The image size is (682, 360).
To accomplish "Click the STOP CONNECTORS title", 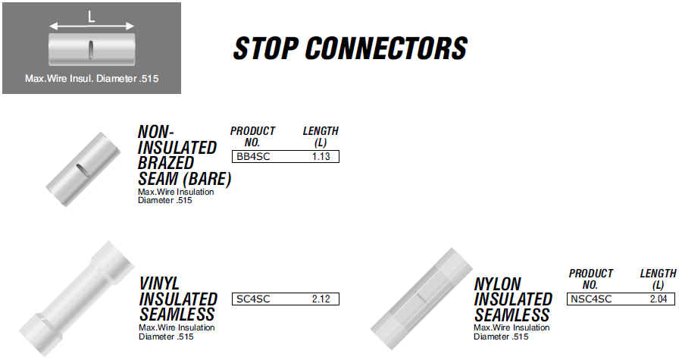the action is point(350,48).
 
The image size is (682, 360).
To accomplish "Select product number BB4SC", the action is point(253,157).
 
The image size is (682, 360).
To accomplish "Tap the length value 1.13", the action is point(321,157).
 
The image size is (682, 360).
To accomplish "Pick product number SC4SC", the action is point(253,299).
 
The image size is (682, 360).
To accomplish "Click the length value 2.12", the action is point(321,299).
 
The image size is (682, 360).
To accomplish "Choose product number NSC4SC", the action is point(591,299).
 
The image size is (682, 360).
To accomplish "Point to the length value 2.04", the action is point(659,299).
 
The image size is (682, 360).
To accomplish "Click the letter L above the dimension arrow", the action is point(92,17).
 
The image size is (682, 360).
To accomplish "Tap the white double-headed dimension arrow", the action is point(92,27).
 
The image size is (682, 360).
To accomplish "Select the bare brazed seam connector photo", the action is point(83,169).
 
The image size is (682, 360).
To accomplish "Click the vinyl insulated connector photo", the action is point(77,299).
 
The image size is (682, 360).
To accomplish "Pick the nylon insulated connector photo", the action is point(421,299).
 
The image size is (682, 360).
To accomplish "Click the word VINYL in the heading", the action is point(159,283).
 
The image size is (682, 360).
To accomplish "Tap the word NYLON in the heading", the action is point(497,284).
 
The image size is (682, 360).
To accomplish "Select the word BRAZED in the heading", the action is point(166,163).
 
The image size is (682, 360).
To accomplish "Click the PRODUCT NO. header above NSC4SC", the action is point(590,279).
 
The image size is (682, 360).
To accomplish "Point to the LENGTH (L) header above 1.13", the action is point(321,136).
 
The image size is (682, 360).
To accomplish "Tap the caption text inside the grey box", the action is point(92,79).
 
